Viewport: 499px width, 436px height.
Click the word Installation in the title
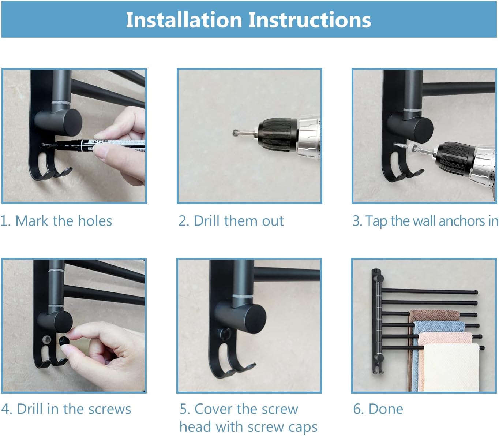click(x=184, y=20)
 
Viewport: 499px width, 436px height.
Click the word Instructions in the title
click(x=310, y=20)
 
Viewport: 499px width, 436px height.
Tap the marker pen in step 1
click(x=95, y=145)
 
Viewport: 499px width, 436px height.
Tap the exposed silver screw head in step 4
click(x=46, y=339)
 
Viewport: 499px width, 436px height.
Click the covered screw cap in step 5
click(x=224, y=334)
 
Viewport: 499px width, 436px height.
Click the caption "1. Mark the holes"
click(x=56, y=221)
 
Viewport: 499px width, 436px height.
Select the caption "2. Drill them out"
click(x=231, y=221)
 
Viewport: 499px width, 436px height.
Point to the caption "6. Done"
click(x=378, y=409)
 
